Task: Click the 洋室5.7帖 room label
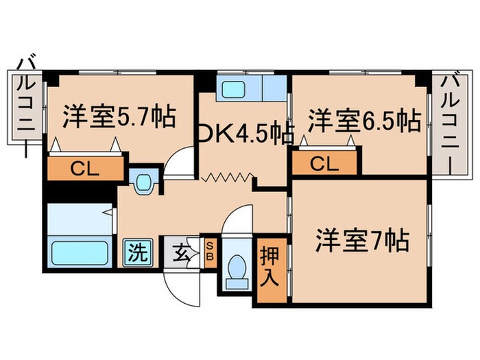119,117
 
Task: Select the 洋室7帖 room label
363,241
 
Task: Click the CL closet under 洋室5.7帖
85,169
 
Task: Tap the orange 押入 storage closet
269,267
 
